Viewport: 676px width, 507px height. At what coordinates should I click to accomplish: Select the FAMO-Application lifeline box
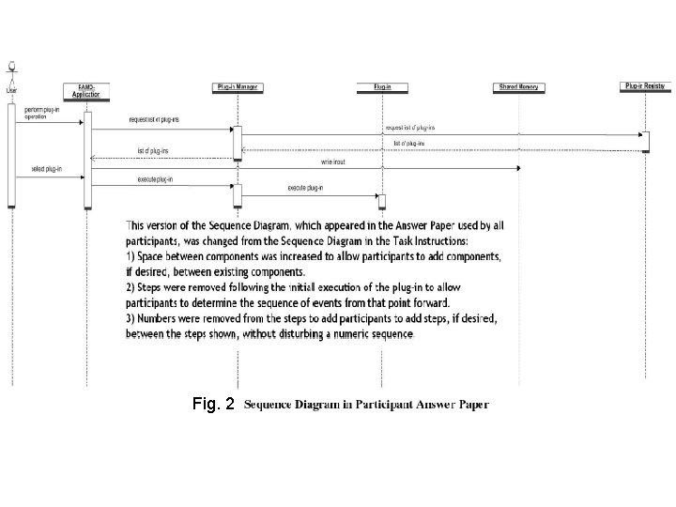[x=86, y=90]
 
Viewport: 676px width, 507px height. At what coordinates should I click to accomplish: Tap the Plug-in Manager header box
[x=238, y=87]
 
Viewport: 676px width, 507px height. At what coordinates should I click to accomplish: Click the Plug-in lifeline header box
[x=382, y=87]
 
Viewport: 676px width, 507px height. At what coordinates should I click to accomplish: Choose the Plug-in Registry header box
[x=646, y=86]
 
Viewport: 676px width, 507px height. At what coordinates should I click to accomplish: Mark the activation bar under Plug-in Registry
[x=646, y=141]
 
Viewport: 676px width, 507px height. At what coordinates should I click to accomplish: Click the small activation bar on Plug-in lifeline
[x=382, y=202]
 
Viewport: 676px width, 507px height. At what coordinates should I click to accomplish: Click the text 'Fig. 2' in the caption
[x=211, y=405]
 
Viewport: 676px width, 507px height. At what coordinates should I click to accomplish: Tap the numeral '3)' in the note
[x=131, y=319]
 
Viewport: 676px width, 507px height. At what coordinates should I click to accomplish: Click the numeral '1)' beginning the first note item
[x=131, y=256]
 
